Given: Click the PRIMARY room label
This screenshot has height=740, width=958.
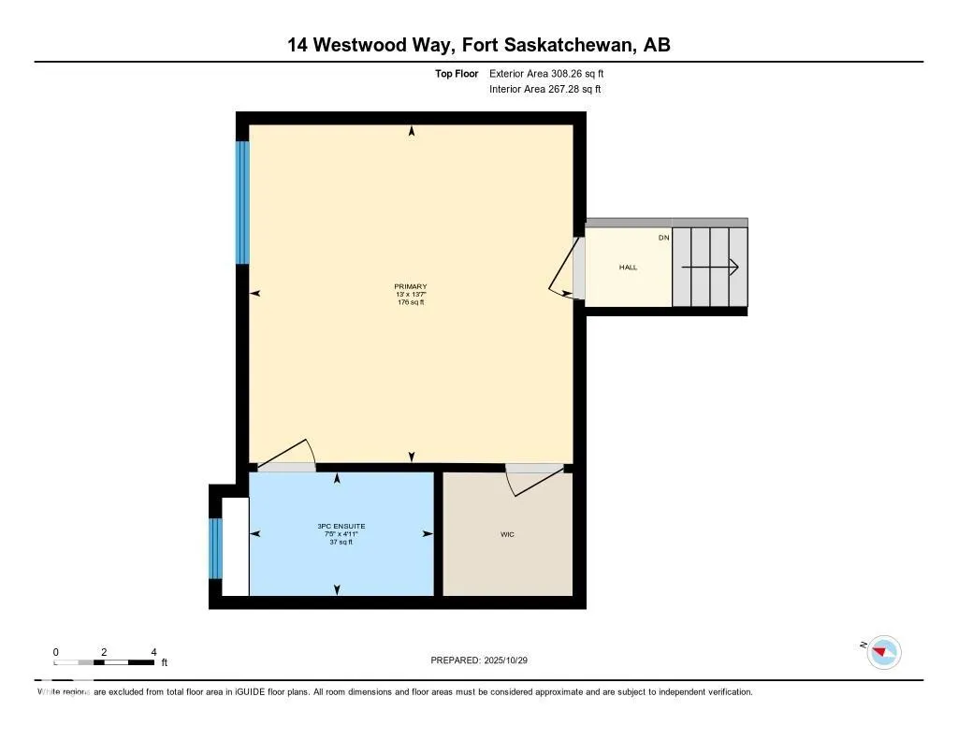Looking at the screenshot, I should (411, 286).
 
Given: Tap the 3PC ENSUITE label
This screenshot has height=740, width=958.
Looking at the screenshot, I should (338, 526).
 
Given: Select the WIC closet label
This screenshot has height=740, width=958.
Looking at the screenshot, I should (507, 534).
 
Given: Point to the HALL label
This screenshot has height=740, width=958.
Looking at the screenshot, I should (628, 268).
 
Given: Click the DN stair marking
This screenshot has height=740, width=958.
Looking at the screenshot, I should (663, 238).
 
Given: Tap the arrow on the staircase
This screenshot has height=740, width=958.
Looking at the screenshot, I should (710, 268).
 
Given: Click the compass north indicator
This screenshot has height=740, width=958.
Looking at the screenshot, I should (883, 652).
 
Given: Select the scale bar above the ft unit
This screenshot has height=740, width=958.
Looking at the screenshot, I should (104, 662).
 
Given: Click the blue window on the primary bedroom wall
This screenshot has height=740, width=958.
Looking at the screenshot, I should (242, 202).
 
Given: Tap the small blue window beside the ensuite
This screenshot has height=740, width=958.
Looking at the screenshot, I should (215, 548).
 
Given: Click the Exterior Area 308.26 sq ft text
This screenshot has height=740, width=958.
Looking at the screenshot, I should (552, 73).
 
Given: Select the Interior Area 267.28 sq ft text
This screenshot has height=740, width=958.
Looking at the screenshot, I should (544, 90).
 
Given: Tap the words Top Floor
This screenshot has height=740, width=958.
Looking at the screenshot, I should (457, 73).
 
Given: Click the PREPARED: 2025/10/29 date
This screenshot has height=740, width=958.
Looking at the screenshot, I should (486, 660).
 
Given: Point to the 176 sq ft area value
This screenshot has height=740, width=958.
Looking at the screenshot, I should (411, 302).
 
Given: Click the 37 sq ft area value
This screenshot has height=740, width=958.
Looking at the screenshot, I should (338, 542).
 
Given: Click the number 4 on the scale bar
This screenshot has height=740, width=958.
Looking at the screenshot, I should (153, 651).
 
